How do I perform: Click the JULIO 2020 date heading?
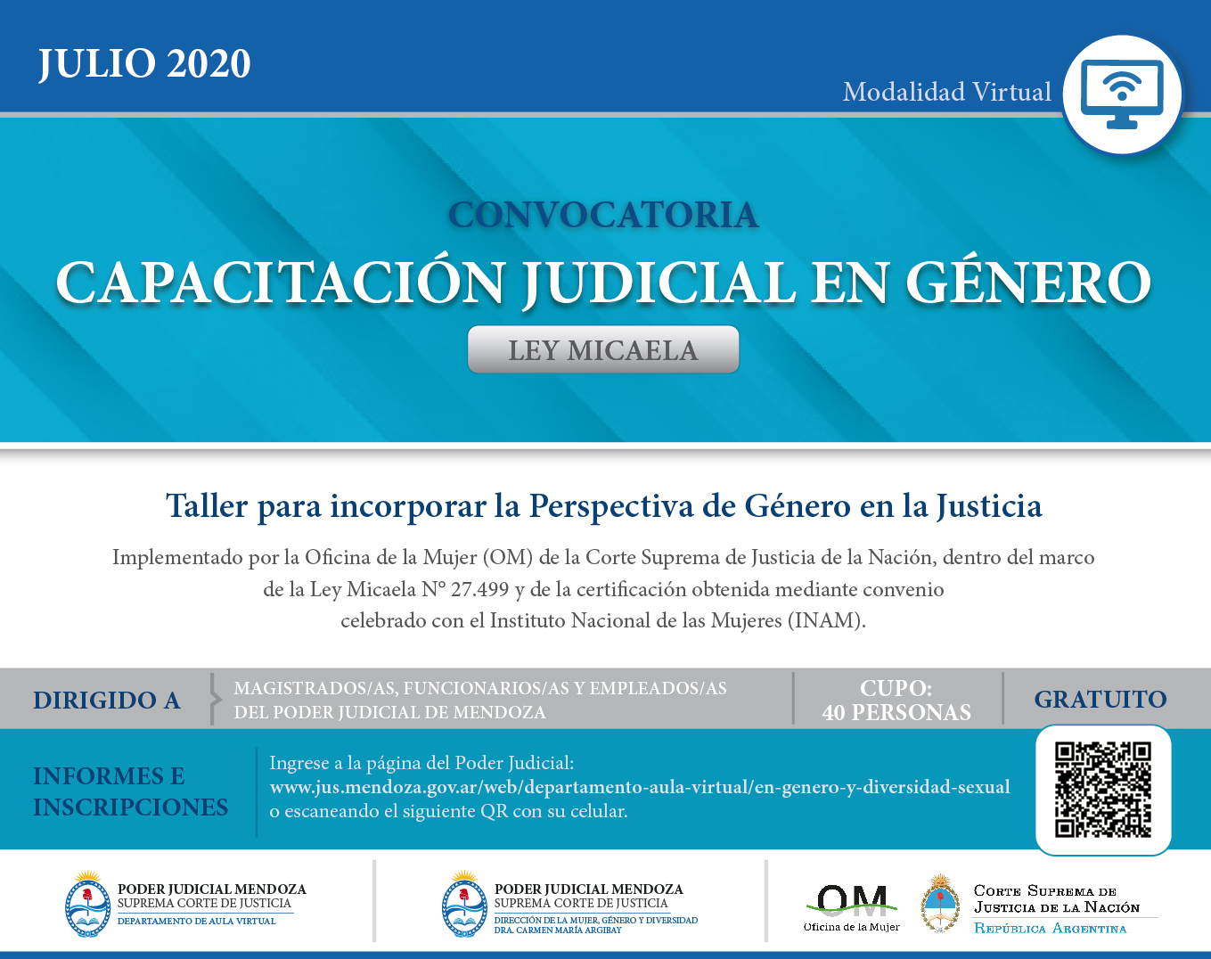coord(144,63)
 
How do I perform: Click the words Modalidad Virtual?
coord(946,93)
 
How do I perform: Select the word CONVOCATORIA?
coord(603,215)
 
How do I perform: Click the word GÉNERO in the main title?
coord(1028,282)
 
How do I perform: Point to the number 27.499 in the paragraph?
coord(480,589)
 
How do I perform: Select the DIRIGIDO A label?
coord(107,701)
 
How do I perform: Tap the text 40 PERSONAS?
coord(896,712)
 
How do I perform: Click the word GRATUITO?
coord(1101,700)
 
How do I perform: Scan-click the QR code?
coord(1102,790)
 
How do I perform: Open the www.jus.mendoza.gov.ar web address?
coord(640,787)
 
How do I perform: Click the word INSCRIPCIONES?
coord(131,807)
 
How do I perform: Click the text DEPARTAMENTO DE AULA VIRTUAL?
coord(196,922)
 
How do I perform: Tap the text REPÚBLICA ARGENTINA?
coord(1050,929)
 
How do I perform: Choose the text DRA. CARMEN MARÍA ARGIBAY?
coord(558,930)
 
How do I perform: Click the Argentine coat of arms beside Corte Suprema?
coord(939,904)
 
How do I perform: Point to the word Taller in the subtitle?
coord(207,505)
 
